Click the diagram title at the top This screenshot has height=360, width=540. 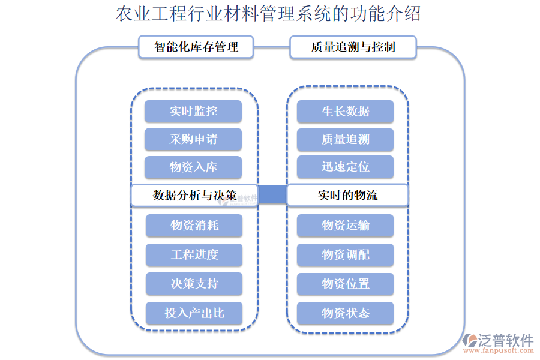point(268,14)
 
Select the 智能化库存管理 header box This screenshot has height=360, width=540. point(196,47)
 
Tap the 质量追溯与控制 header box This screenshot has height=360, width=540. point(353,47)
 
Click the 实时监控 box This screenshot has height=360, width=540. point(193,112)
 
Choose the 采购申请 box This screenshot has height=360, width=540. point(193,139)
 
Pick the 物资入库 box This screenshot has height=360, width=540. point(193,167)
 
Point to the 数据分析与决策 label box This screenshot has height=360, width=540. point(194,196)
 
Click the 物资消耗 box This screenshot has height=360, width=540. point(194,226)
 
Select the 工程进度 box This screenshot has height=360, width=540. point(194,254)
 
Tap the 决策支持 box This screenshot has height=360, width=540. point(194,284)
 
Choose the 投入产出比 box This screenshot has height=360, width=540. point(194,313)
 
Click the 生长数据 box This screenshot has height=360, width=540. point(346,112)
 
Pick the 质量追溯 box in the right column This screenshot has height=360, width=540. point(346,139)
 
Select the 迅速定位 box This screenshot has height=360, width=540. point(346,167)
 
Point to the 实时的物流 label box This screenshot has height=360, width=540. point(348,196)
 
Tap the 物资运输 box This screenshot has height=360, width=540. point(346,226)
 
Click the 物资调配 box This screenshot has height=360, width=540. point(346,254)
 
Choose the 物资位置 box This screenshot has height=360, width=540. point(346,284)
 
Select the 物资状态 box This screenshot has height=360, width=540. point(346,313)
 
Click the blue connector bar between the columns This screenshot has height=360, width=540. point(272,194)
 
